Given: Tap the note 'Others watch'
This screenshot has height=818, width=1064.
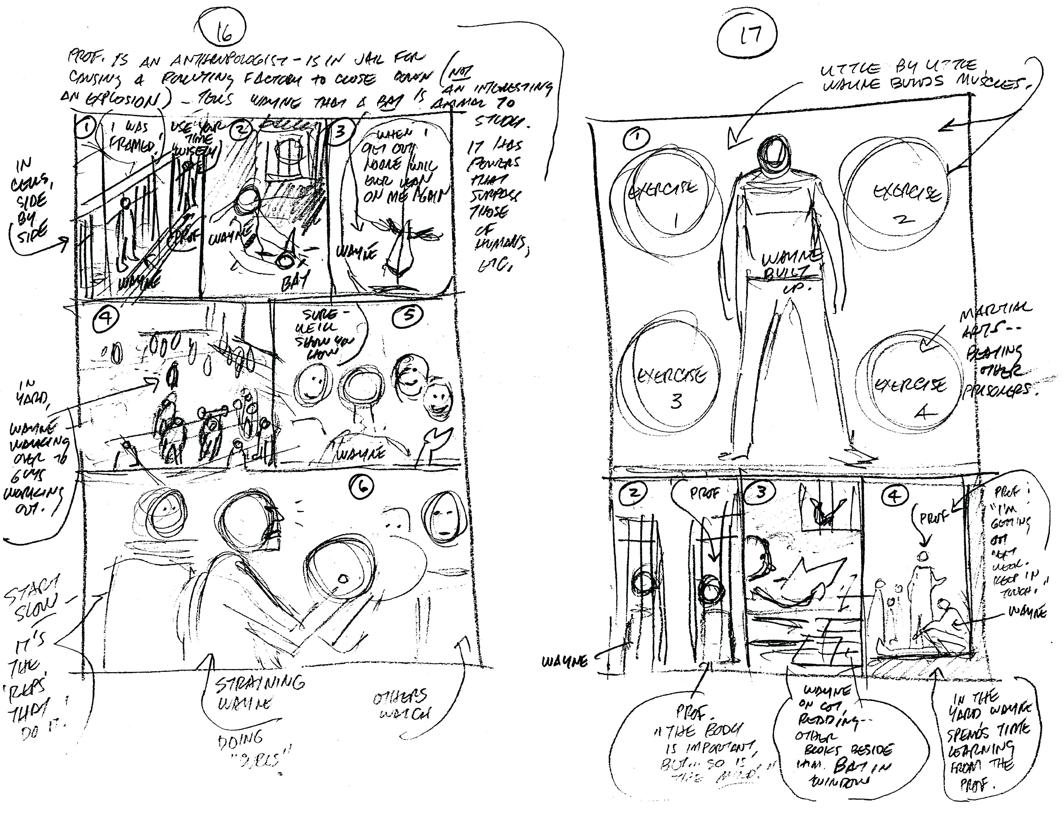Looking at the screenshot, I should [400, 706].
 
